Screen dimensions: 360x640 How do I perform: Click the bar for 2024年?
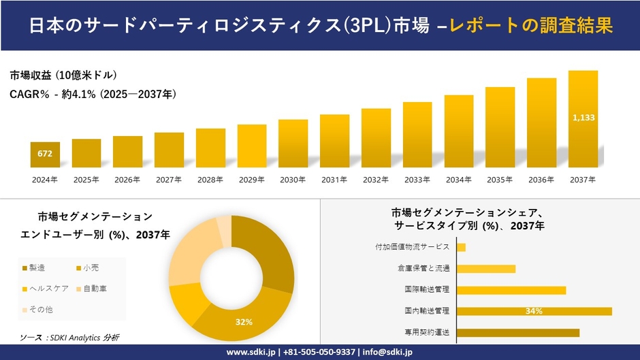45,154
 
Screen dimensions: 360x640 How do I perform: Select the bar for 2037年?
583,119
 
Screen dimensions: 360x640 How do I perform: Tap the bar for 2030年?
293,143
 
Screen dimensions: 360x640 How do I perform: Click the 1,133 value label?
583,118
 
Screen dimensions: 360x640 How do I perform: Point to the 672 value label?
45,154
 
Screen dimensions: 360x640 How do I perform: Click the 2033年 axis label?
417,180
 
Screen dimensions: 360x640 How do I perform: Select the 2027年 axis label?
169,180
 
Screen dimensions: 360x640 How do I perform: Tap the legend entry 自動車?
95,289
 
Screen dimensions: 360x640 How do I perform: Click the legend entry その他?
40,310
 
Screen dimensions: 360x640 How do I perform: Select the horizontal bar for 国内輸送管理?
534,312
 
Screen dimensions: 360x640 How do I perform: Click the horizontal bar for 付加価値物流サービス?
461,247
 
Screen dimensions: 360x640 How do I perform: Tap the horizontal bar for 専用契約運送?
517,333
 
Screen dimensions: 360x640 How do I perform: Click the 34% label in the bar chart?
534,312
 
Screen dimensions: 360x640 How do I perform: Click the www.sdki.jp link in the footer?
251,352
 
